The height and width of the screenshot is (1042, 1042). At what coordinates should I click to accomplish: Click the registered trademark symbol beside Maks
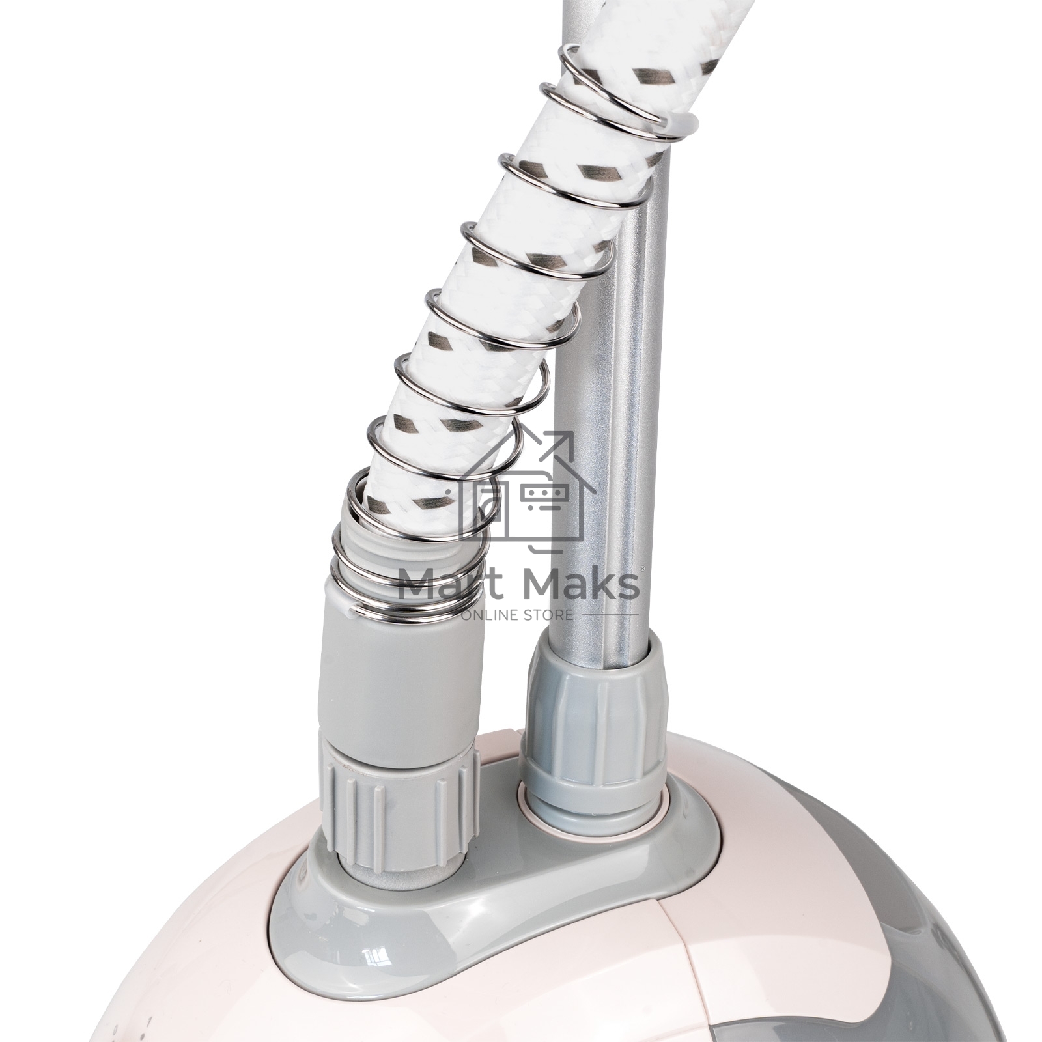(642, 569)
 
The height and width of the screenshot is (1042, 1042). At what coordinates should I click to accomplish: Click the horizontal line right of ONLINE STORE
(608, 615)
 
